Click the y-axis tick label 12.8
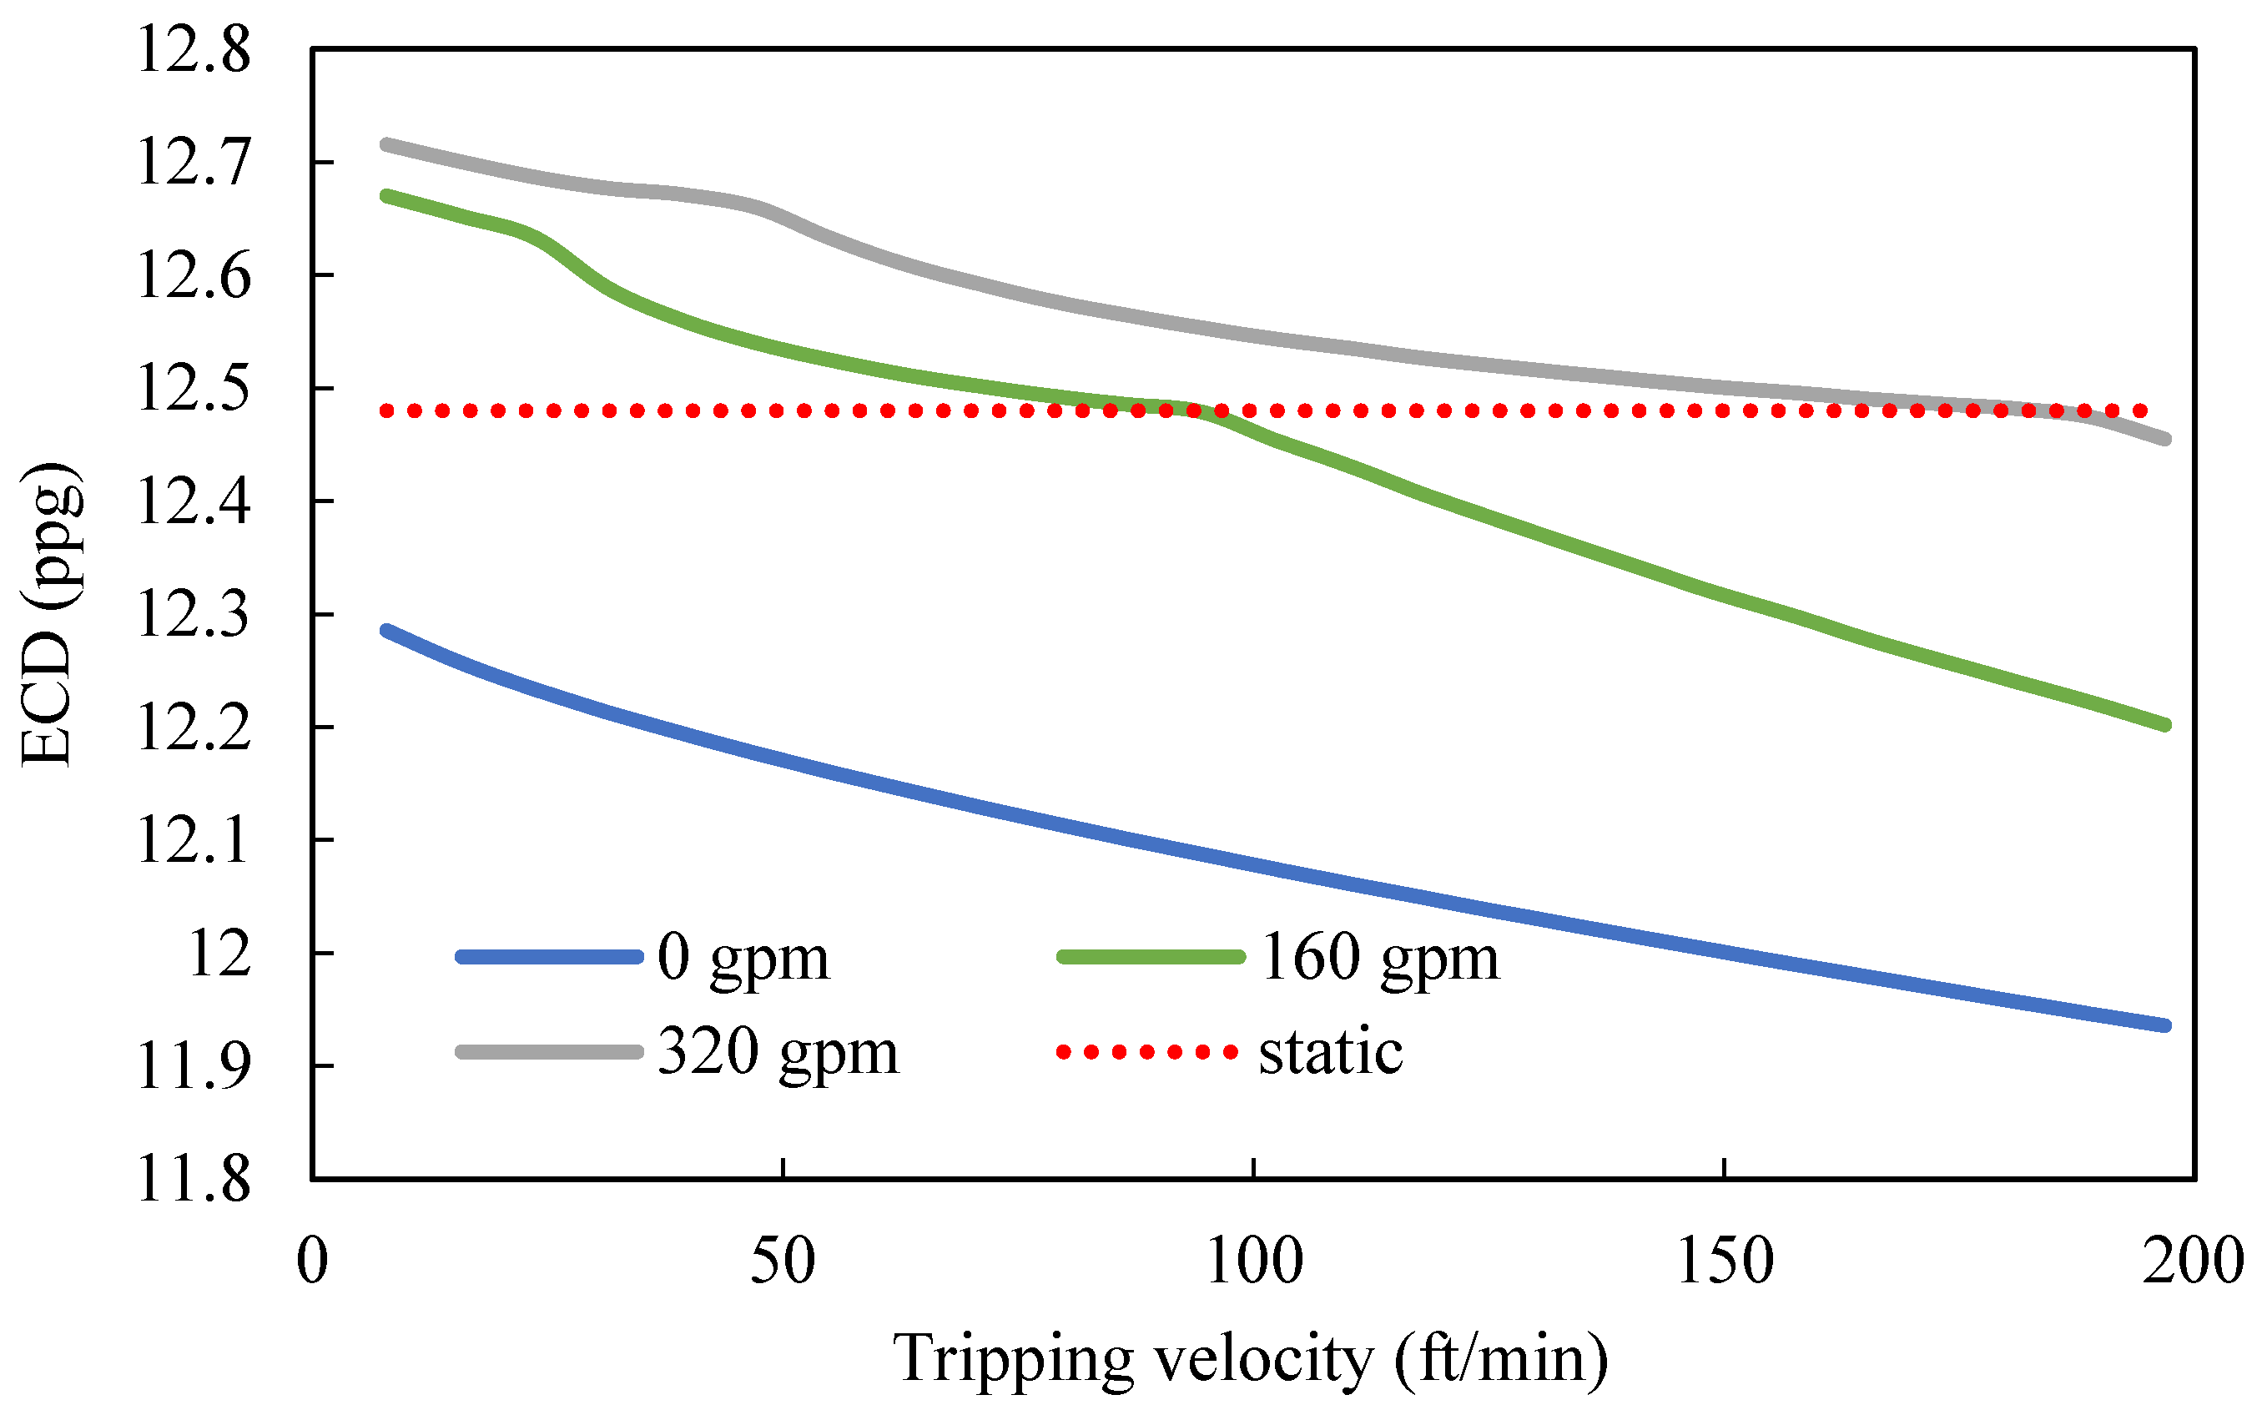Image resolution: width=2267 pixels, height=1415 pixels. click(194, 49)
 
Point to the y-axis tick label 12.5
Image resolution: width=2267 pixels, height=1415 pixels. click(194, 389)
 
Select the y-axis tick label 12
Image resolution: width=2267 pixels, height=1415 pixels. click(220, 954)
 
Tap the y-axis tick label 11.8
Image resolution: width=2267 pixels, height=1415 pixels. click(194, 1179)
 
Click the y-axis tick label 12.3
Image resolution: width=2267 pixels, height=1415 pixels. click(194, 615)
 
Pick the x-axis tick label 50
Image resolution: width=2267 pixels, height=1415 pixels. click(782, 1261)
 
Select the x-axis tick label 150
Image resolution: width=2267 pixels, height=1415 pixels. click(1725, 1261)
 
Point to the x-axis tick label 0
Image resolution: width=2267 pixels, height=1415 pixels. click(313, 1261)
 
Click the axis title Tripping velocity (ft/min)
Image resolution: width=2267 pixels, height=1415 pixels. click(1251, 1358)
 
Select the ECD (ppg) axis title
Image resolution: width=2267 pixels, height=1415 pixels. click(48, 614)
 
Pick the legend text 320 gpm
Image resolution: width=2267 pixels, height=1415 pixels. click(778, 1053)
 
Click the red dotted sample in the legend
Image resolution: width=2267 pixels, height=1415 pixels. click(1147, 1052)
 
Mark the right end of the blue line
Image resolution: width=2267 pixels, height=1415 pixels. click(2166, 1025)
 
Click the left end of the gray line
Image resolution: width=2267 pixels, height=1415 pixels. click(385, 144)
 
